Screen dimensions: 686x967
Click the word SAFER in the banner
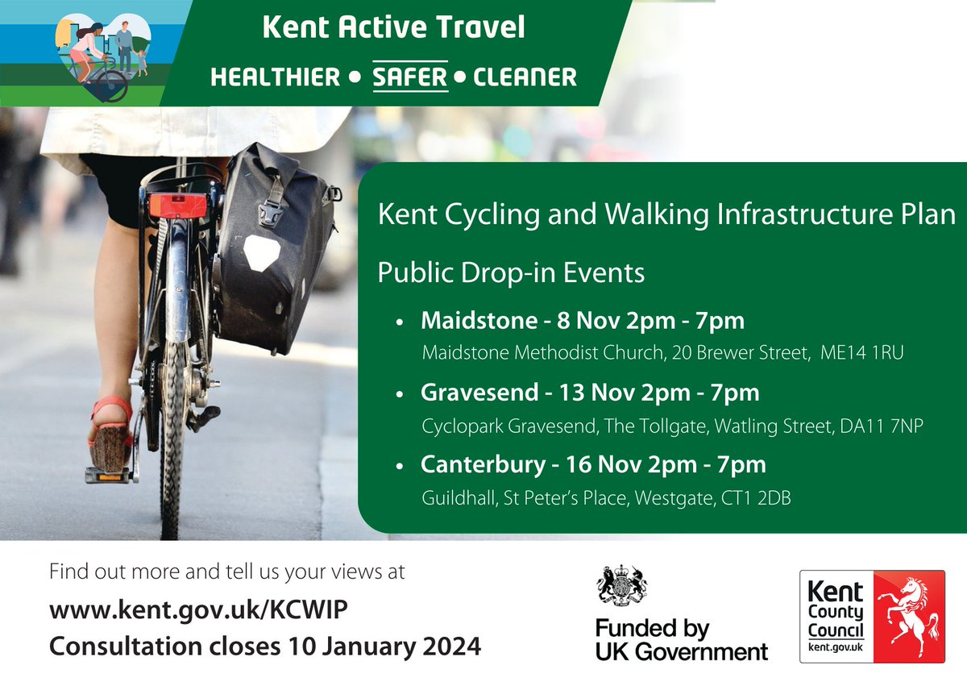pos(409,77)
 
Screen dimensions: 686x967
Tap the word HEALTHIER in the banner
pos(275,77)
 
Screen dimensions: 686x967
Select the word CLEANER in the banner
pos(525,77)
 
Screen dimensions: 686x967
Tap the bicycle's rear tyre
pos(171,451)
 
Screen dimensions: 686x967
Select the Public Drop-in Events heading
pos(511,273)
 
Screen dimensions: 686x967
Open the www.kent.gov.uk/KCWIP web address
pos(199,611)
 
